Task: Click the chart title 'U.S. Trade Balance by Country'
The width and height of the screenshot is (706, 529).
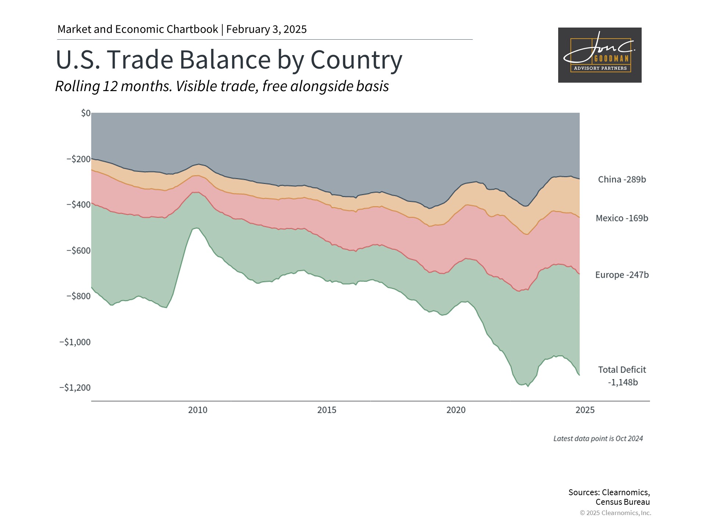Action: [x=229, y=60]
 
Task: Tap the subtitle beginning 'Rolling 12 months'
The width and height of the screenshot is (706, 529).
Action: [x=222, y=86]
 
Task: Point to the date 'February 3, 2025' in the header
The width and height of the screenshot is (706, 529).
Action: [x=266, y=29]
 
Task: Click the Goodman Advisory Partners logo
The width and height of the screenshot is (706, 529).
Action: [x=599, y=55]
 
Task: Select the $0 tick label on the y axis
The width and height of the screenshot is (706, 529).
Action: [x=86, y=113]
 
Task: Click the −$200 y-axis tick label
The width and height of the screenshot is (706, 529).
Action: [x=78, y=159]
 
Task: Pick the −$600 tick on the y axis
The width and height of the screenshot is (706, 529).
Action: [x=78, y=251]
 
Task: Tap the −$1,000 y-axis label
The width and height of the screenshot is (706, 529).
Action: [x=75, y=342]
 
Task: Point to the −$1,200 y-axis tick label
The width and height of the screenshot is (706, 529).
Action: [x=75, y=388]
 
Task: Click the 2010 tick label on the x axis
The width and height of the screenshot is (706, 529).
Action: [x=198, y=410]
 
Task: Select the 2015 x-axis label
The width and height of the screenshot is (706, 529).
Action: [x=327, y=410]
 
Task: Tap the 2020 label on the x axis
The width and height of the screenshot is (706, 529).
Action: [x=456, y=410]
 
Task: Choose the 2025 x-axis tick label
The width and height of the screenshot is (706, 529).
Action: [x=585, y=410]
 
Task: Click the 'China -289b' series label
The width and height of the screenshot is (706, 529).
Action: [x=622, y=180]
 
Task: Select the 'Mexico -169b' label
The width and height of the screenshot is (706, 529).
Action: [x=622, y=218]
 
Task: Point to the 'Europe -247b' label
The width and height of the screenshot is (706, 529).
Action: [x=622, y=275]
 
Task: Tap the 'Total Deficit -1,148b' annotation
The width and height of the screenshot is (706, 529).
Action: [x=622, y=376]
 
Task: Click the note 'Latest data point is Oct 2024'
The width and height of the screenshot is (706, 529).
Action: [x=598, y=439]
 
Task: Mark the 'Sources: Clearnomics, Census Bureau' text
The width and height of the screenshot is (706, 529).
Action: [x=609, y=497]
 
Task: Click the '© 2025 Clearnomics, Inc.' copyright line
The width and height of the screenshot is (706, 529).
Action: [x=615, y=513]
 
